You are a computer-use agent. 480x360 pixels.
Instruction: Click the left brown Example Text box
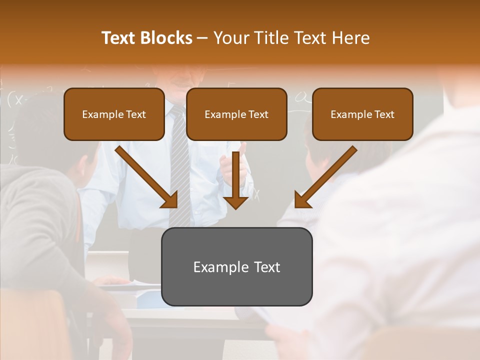pos(114,114)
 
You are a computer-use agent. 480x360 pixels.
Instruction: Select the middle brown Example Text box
pos(236,114)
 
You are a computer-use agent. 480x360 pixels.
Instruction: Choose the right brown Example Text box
pos(362,114)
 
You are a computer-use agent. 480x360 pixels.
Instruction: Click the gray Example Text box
pos(236,267)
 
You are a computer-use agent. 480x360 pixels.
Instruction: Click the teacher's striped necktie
pos(180,170)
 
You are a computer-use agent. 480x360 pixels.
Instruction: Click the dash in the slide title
pos(202,38)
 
